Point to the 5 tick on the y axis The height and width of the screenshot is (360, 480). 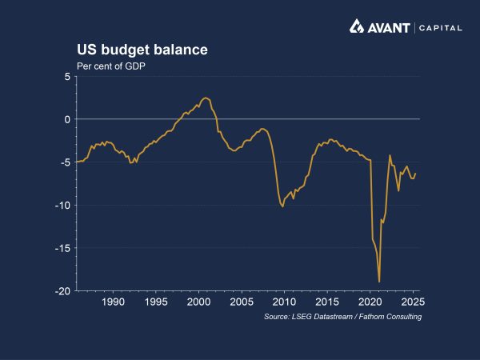(67, 77)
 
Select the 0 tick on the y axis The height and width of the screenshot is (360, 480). (67, 119)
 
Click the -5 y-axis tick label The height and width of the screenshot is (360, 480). (66, 162)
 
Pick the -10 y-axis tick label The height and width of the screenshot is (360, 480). (63, 206)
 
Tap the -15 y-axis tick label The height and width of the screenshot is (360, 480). (63, 248)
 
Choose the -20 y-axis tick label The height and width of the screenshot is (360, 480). (63, 291)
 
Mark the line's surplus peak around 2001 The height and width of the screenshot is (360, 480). (206, 98)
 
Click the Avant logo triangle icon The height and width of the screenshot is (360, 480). (358, 27)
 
